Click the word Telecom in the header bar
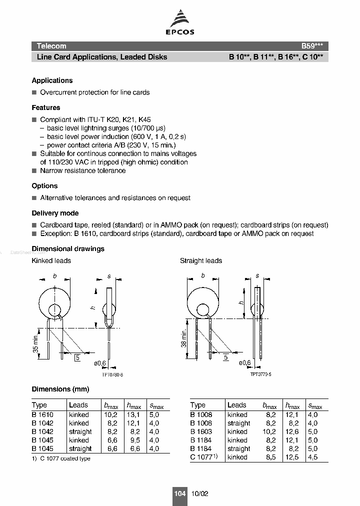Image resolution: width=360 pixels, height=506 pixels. pos(51,45)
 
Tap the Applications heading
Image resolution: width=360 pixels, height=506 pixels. pos(52,80)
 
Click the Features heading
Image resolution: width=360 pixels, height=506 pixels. pos(46,107)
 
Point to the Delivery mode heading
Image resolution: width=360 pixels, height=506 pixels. pos(55,213)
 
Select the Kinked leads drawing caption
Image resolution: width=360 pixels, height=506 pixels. pos(51,260)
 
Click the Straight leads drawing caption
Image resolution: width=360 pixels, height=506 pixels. pos(201,260)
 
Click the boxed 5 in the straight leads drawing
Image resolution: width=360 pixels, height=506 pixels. pos(225,357)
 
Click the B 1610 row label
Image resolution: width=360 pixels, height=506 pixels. pos(42,414)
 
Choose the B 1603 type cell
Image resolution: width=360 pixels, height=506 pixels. pos(201,431)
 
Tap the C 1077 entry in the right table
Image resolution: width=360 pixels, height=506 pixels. pos(201,457)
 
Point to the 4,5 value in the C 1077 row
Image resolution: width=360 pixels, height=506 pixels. pos(313,457)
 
